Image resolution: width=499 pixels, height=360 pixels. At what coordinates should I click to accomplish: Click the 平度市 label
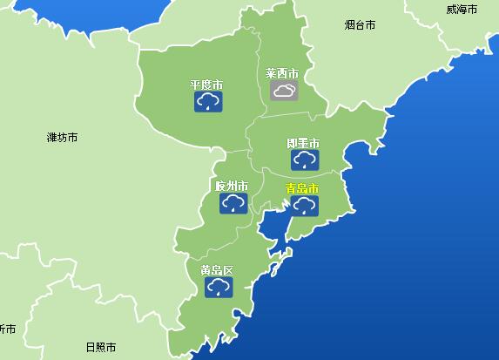point(206,85)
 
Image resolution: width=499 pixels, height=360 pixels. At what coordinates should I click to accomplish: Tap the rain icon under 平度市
point(206,104)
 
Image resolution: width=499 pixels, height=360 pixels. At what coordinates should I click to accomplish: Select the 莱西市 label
point(282,73)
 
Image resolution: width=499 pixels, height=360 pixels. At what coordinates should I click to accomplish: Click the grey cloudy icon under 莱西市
point(283,91)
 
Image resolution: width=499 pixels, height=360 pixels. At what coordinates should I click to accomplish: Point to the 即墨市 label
point(303,143)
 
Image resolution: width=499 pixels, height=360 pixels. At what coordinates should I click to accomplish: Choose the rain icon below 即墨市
point(304,160)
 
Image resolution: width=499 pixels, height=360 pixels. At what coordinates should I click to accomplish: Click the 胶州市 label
point(232,187)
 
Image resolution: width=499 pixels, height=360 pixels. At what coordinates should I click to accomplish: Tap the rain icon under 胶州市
point(232,204)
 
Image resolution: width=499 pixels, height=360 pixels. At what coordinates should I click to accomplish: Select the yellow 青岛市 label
point(302,188)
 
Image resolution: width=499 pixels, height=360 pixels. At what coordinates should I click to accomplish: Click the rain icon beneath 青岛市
point(304,206)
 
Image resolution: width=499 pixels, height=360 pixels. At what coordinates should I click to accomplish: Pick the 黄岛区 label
point(217,270)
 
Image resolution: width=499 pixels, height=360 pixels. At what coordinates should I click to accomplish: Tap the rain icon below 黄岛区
point(218,288)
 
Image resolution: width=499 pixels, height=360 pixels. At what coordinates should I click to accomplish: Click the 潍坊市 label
point(63,138)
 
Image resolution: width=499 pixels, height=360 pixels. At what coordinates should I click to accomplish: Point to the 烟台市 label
point(360,25)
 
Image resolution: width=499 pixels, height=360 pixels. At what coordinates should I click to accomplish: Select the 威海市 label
point(462,10)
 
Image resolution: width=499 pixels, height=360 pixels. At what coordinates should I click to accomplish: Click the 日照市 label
point(101,347)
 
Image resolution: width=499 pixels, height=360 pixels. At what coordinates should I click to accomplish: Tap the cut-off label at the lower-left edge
point(7,329)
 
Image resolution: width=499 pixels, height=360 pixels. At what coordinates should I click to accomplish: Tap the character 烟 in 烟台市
point(349,25)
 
